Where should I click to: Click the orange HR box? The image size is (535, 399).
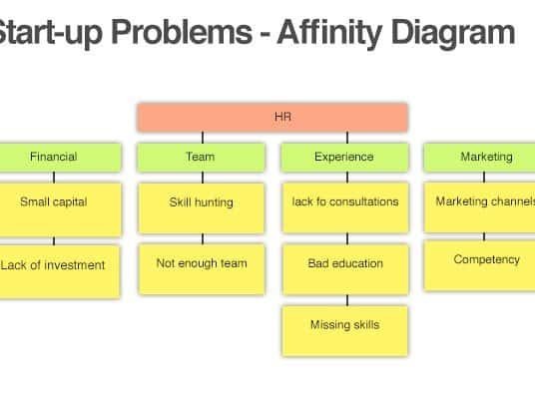(x=271, y=117)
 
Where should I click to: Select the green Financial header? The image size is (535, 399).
(x=61, y=157)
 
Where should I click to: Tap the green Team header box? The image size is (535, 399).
(x=201, y=157)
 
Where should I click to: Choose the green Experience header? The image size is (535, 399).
(x=344, y=157)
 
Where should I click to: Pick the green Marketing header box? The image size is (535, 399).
(x=479, y=157)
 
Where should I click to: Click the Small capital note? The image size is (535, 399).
(x=61, y=209)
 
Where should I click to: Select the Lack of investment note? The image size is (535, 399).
(x=60, y=271)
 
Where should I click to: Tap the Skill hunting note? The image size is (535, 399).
(x=202, y=208)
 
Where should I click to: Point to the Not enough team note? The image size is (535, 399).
(x=202, y=269)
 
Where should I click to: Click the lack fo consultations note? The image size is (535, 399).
(x=345, y=208)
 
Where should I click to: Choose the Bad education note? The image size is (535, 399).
(x=345, y=269)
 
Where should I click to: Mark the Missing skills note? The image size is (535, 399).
(x=344, y=331)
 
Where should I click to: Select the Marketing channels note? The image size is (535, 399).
(x=480, y=207)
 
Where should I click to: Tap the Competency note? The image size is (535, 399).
(x=480, y=265)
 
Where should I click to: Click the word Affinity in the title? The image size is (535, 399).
(x=329, y=33)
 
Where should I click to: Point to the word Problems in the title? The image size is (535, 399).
(x=182, y=32)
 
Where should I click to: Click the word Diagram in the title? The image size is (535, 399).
(x=453, y=33)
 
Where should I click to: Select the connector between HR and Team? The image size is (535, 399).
(x=203, y=138)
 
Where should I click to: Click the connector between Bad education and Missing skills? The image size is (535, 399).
(x=347, y=300)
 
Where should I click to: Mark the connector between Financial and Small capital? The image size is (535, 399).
(x=54, y=178)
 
